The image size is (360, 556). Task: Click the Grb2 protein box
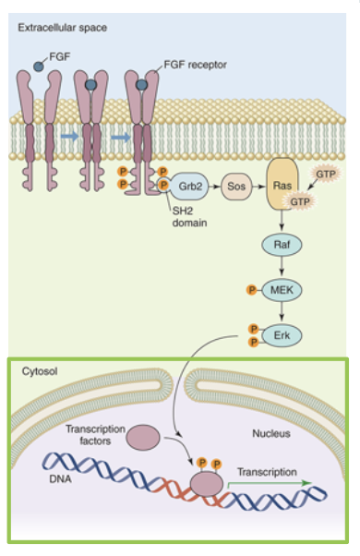click(191, 185)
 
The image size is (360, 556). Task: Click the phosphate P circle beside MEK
click(251, 291)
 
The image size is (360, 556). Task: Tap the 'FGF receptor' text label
click(195, 65)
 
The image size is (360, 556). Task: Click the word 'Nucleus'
click(271, 432)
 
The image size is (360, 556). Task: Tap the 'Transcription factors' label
click(95, 435)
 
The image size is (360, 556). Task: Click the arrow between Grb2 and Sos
click(216, 185)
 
